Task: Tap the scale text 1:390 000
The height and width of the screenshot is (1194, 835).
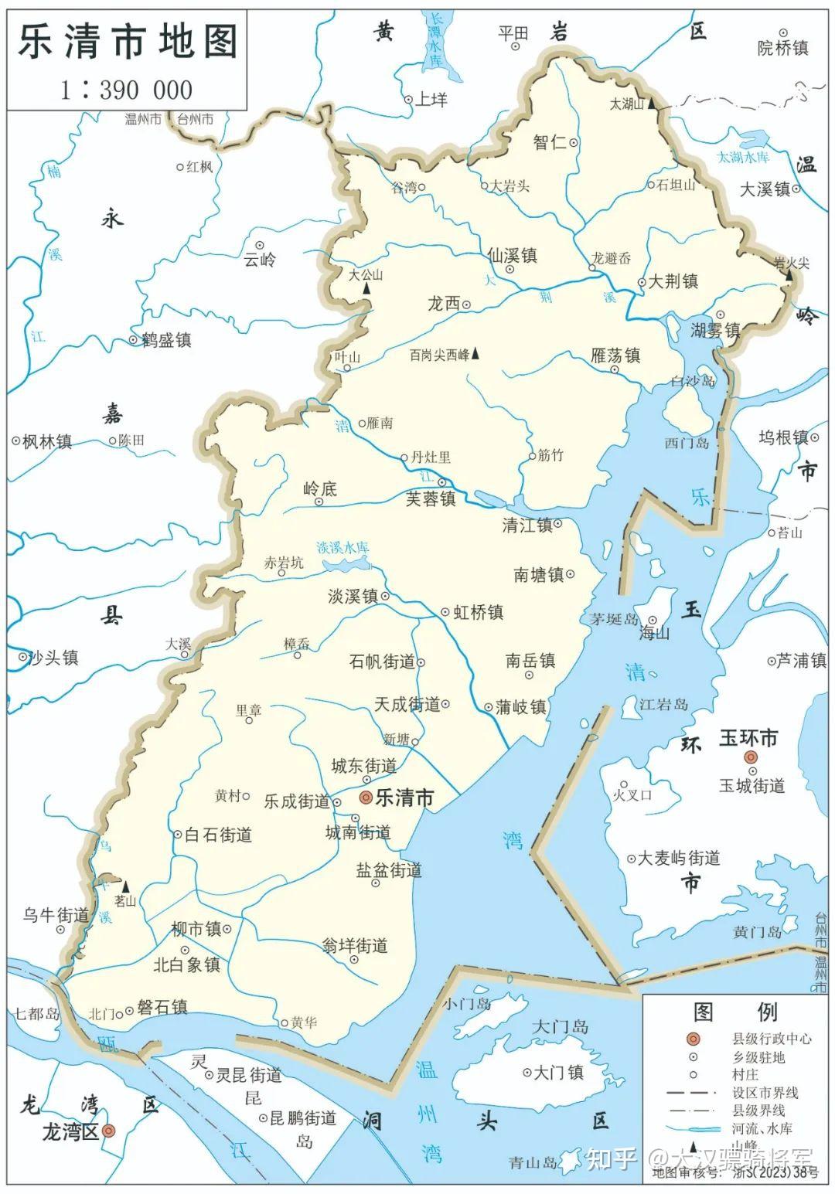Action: tap(127, 90)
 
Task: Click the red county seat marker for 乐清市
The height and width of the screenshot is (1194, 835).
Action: tap(366, 798)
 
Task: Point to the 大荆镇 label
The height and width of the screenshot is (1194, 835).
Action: tap(673, 281)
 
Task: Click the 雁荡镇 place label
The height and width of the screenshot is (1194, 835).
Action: tap(615, 355)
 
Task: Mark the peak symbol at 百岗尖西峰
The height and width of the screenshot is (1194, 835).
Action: tap(476, 354)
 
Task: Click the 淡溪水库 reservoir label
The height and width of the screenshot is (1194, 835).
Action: tap(343, 547)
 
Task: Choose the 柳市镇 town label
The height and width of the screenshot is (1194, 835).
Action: tap(196, 928)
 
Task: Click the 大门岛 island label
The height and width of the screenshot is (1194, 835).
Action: tap(561, 1027)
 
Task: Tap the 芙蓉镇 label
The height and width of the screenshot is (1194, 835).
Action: tap(431, 499)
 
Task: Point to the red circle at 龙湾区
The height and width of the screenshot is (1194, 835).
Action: tap(109, 1131)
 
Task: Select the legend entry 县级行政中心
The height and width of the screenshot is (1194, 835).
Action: tap(772, 1039)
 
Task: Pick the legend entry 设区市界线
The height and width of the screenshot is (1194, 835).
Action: tap(765, 1093)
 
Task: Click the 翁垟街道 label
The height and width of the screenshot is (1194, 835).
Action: tap(355, 946)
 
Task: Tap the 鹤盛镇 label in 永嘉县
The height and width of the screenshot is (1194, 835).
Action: tap(166, 340)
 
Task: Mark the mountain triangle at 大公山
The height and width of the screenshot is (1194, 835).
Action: tap(367, 287)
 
